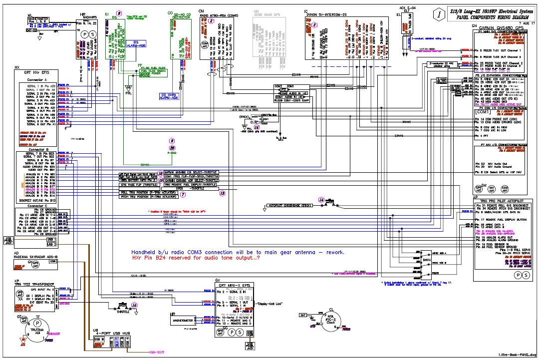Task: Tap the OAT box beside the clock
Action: (302, 315)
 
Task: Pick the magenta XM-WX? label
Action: (158, 352)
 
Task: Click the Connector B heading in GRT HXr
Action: (38, 150)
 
